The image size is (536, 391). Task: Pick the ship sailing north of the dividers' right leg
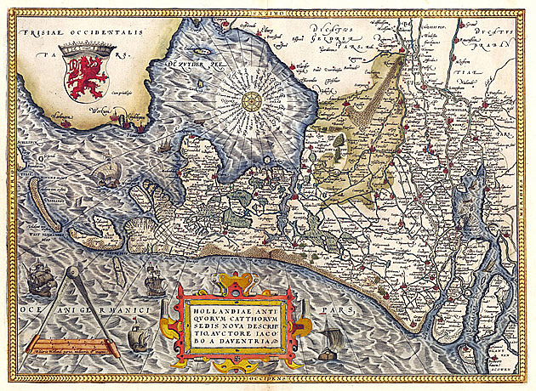point(154,279)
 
